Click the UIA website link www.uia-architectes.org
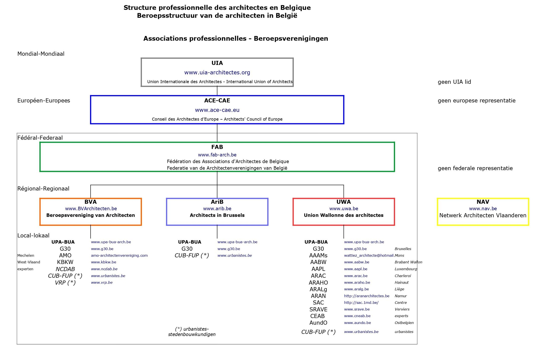click(x=217, y=72)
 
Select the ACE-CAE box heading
click(x=217, y=100)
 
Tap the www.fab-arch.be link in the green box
click(x=217, y=155)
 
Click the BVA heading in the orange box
click(x=91, y=202)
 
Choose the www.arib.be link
click(x=217, y=208)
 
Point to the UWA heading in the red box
click(x=343, y=202)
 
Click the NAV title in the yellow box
click(x=483, y=202)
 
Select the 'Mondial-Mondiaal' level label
click(x=41, y=54)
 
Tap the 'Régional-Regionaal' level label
click(x=43, y=189)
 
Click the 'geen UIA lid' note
click(x=454, y=82)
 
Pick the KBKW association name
click(x=65, y=262)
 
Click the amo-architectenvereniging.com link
click(x=119, y=256)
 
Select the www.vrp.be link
click(x=102, y=283)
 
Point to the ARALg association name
click(x=318, y=289)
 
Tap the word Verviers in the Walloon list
click(x=402, y=309)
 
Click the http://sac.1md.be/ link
click(x=361, y=303)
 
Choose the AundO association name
click(x=318, y=323)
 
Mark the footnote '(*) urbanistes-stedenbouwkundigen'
click(x=192, y=331)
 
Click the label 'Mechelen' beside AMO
click(x=26, y=256)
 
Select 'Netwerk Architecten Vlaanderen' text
click(x=483, y=215)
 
